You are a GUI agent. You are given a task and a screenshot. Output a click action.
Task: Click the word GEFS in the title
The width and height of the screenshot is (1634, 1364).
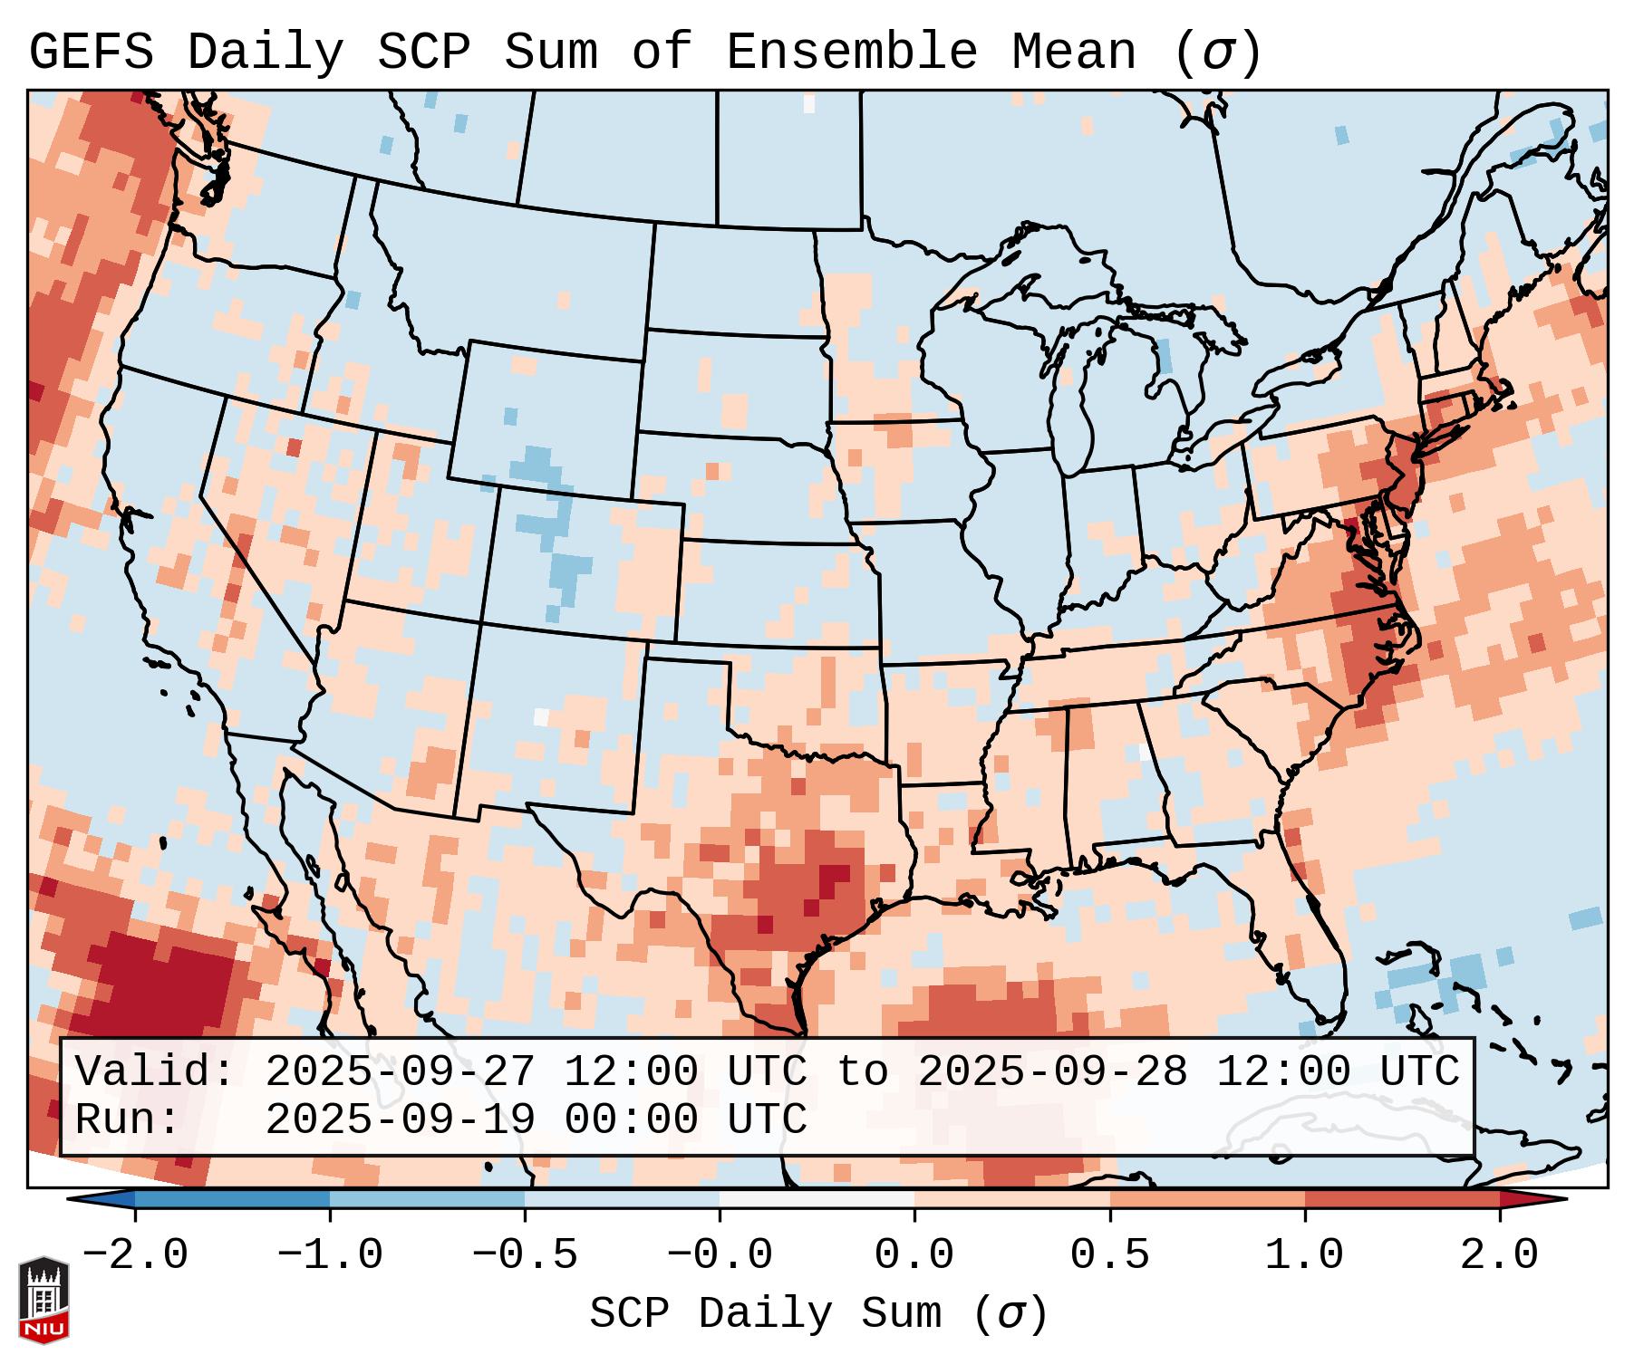coord(91,53)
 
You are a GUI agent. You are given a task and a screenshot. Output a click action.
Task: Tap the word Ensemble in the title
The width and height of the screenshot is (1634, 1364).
coord(851,53)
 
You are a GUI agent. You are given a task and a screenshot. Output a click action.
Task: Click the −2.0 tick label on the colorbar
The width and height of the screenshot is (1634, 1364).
coord(135,1255)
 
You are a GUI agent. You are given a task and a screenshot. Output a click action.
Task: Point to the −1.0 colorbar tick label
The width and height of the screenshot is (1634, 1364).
coord(330,1255)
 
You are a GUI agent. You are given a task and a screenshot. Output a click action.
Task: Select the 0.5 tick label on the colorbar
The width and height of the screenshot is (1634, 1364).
coord(1109,1255)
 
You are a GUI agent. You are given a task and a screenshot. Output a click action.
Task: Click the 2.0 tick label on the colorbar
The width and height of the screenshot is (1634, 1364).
coord(1499,1255)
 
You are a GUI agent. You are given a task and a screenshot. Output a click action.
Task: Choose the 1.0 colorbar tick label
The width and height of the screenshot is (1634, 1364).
coord(1304,1255)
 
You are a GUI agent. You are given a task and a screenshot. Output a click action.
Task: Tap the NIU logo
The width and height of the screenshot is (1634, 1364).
coord(44,1300)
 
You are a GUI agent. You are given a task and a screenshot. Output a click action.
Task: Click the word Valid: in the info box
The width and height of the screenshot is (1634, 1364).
coord(155,1071)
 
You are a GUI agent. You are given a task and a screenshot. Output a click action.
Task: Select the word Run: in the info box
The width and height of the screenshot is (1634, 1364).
coord(128,1119)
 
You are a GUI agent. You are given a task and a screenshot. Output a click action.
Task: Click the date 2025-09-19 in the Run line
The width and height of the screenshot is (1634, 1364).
coord(400,1119)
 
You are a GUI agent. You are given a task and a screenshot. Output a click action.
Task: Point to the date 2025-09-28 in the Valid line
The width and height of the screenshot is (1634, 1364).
coord(1052,1071)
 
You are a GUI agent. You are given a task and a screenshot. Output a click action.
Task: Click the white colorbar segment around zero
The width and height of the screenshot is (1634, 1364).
coord(817,1199)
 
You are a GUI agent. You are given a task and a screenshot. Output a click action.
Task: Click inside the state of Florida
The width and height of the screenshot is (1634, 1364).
coord(1305,942)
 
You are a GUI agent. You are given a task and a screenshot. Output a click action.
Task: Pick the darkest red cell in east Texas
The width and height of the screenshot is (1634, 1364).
coord(834,874)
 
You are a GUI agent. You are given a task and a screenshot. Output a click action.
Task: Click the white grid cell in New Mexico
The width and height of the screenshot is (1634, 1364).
coord(541,716)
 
